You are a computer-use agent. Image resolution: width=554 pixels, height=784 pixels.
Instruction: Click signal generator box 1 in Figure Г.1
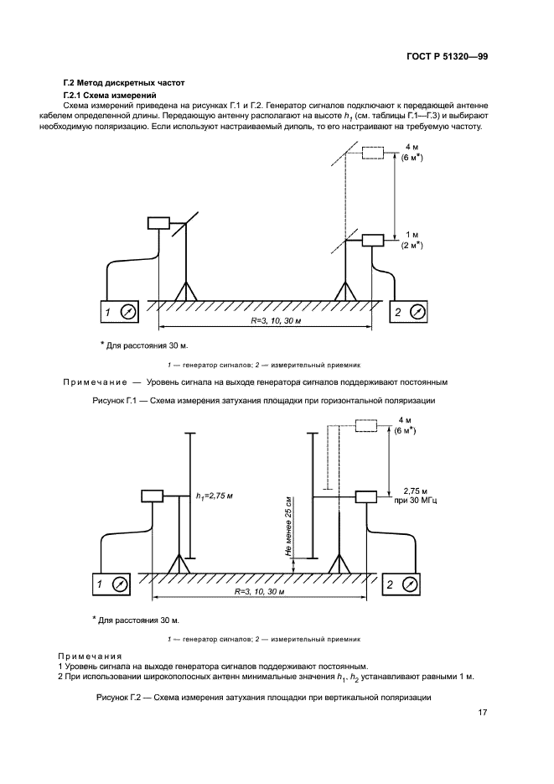click(118, 312)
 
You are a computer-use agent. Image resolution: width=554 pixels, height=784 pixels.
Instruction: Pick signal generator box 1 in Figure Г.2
click(111, 584)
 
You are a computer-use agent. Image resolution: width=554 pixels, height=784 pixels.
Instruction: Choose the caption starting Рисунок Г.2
click(263, 698)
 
